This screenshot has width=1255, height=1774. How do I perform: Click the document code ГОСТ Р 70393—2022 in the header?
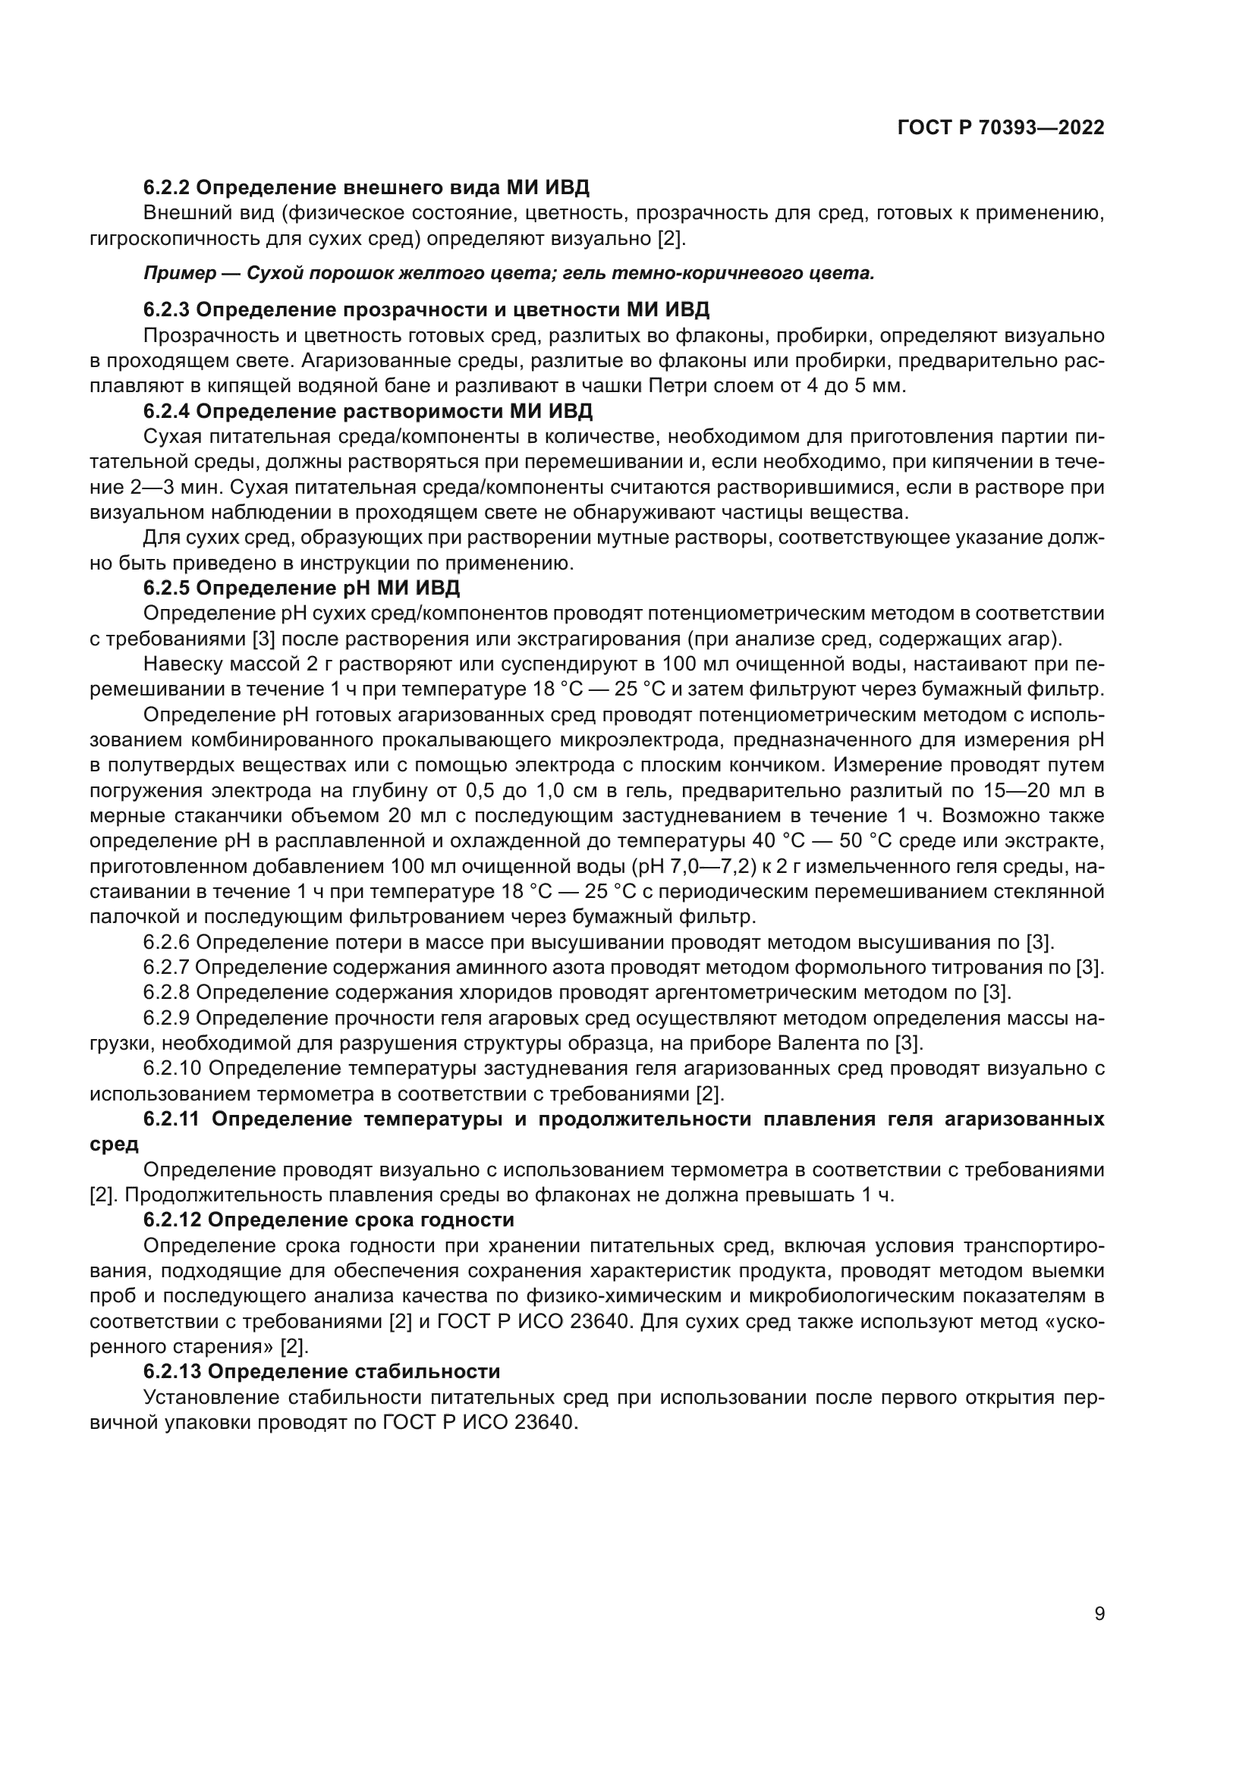click(x=1001, y=128)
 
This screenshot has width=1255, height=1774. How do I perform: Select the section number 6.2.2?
click(x=167, y=187)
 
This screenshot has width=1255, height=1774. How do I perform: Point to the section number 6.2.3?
click(x=167, y=310)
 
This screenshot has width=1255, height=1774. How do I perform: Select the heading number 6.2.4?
click(x=167, y=410)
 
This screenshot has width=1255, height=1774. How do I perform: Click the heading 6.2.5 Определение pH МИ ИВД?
click(x=301, y=588)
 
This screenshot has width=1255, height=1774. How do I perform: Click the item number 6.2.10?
click(x=173, y=1069)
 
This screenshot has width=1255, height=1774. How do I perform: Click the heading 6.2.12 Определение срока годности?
click(x=329, y=1220)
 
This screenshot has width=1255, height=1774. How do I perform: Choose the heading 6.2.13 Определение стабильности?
click(x=322, y=1371)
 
